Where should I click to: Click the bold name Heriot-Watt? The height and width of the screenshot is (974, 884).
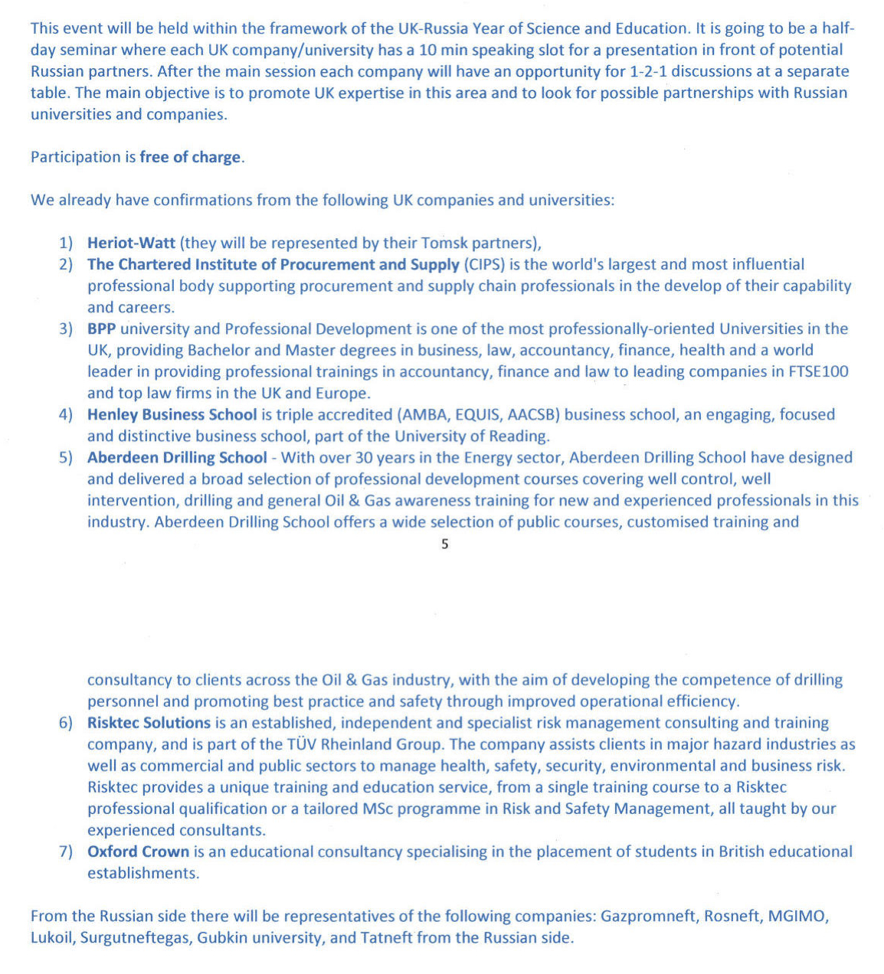click(131, 243)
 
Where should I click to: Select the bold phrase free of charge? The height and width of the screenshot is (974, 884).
click(190, 158)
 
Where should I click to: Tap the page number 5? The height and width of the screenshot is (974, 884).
click(445, 544)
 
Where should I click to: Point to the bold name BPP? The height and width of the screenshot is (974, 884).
click(102, 329)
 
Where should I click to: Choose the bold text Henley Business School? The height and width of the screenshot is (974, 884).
click(172, 415)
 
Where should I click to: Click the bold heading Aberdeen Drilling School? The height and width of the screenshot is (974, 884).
click(177, 458)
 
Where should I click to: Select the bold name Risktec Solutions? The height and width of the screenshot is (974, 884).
click(149, 723)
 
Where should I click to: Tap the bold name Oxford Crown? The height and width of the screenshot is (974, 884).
click(138, 851)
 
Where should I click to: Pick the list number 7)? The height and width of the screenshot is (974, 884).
click(66, 851)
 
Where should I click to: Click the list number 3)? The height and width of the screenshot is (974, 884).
click(66, 329)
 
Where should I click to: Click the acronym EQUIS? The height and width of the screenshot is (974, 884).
click(479, 415)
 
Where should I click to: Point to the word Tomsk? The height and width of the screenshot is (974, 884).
click(444, 243)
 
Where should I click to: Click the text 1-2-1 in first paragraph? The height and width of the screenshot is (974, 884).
click(650, 72)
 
